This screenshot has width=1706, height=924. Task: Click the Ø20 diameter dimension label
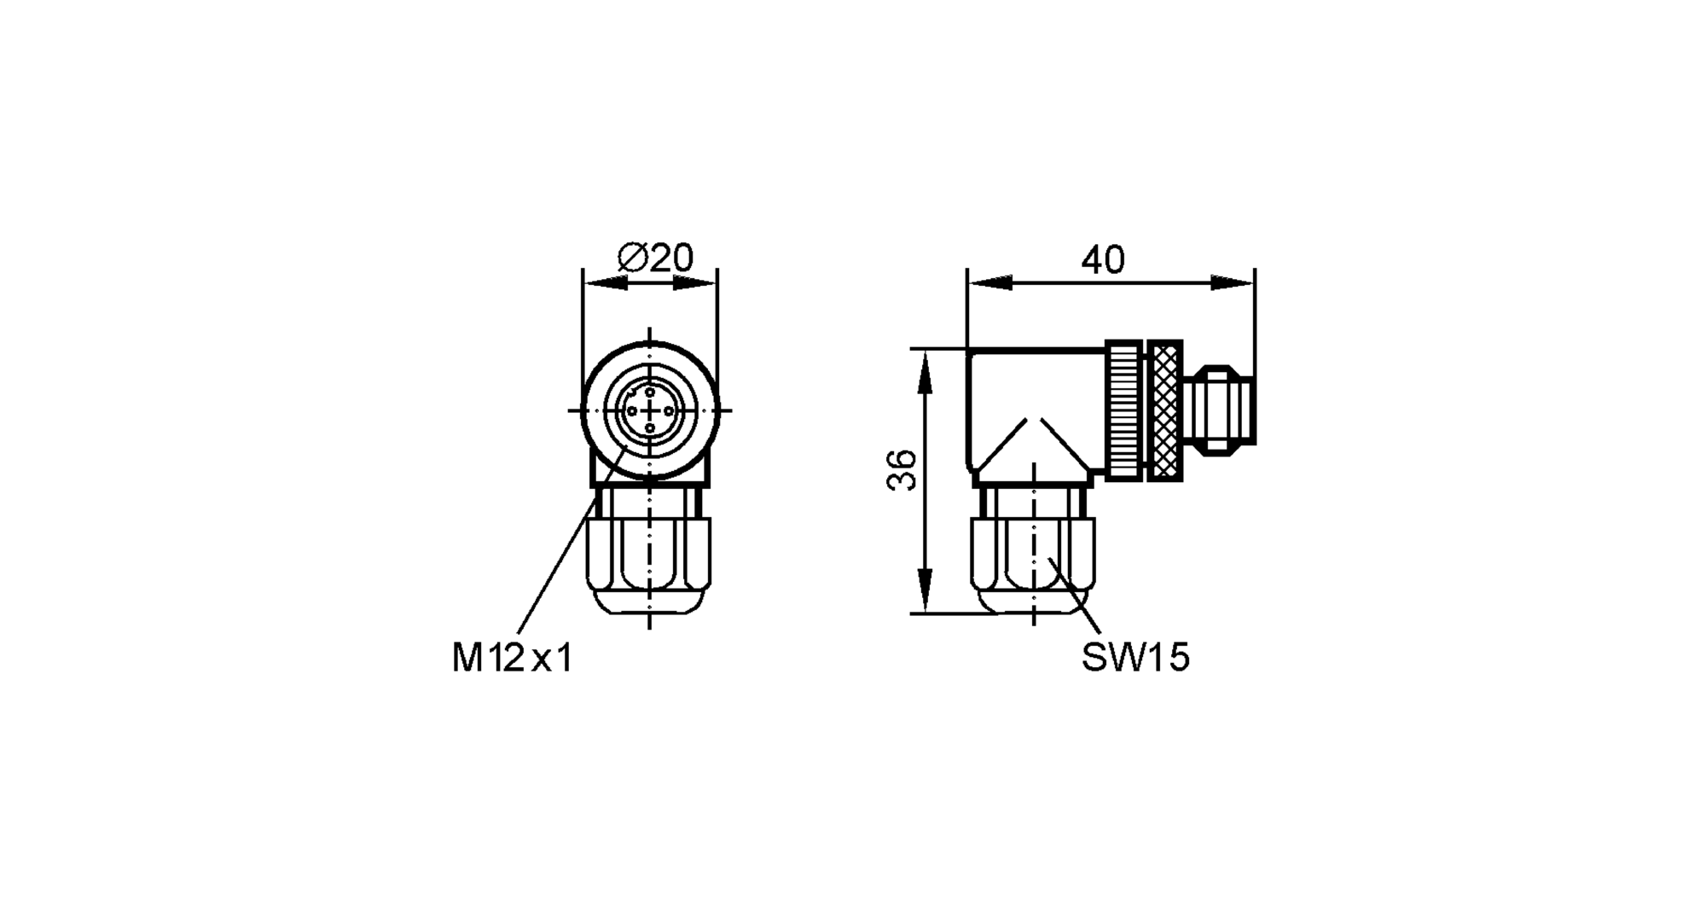[655, 258]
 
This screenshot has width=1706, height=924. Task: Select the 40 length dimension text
[1103, 259]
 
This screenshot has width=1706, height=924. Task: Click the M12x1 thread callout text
[512, 658]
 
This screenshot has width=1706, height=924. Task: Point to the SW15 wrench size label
[1134, 658]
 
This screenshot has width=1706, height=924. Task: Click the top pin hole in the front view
[650, 392]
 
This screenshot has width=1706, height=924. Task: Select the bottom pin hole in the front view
[650, 428]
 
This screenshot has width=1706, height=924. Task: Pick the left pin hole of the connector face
[632, 410]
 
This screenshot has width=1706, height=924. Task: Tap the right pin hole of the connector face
[668, 410]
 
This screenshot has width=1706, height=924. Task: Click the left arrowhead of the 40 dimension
[989, 283]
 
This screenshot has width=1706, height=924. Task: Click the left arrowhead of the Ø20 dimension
[604, 283]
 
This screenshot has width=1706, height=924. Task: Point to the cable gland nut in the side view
[1032, 563]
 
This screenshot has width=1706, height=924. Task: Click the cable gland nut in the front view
[650, 563]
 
